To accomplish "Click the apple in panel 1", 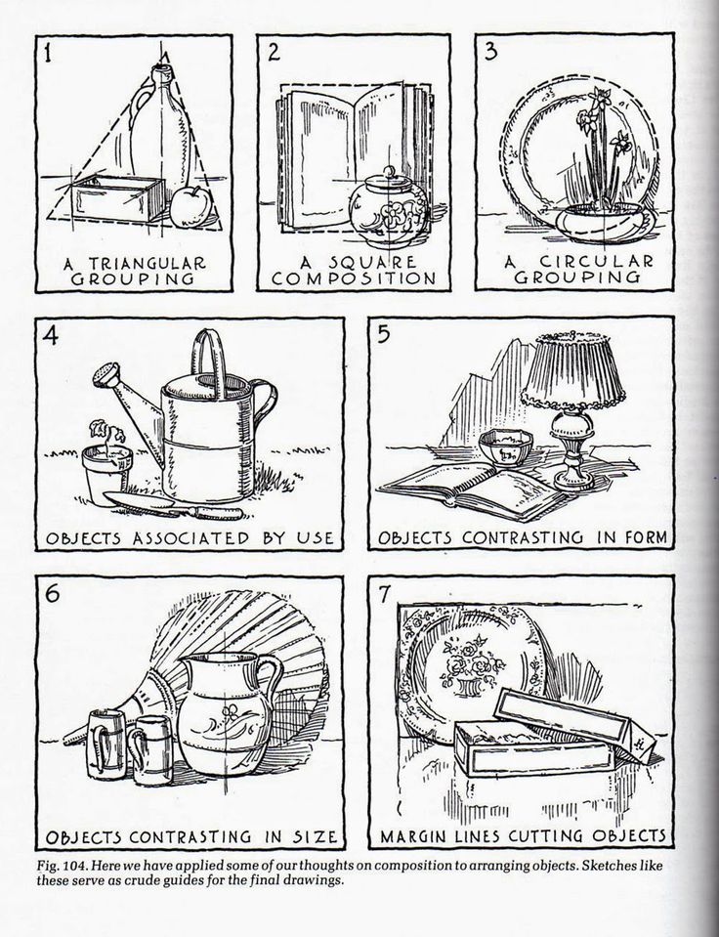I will pyautogui.click(x=190, y=207).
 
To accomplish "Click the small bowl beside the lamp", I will pyautogui.click(x=506, y=449).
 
